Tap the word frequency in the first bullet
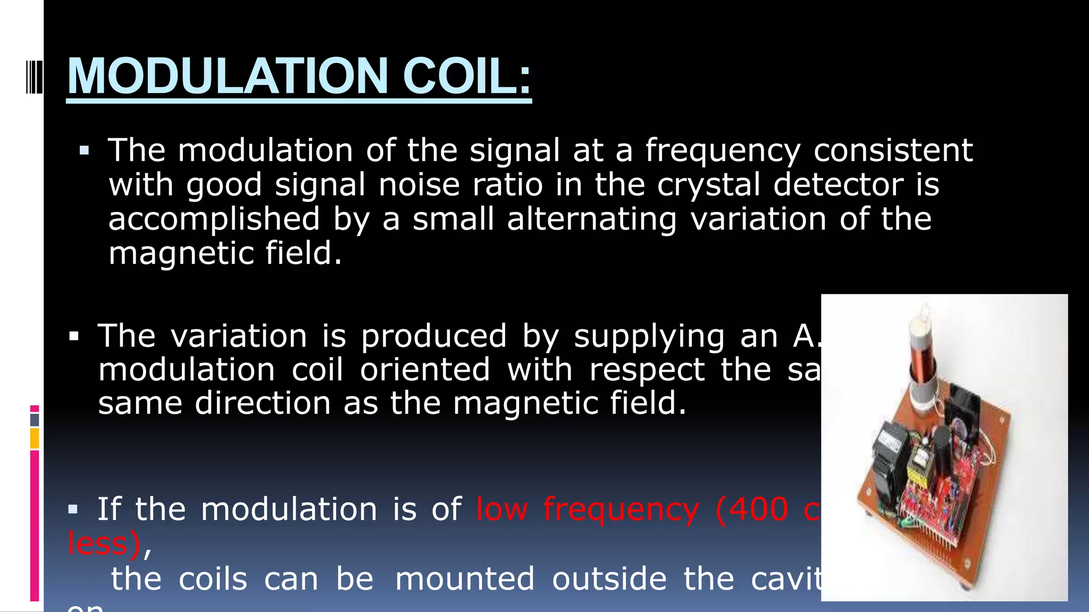point(723,151)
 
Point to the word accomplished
point(214,219)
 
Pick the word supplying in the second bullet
point(649,337)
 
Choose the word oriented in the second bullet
point(425,370)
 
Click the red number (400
point(752,509)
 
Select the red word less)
point(104,543)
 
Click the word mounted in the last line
point(465,579)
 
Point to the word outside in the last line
point(609,579)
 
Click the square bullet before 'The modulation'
point(84,151)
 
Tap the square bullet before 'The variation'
point(74,337)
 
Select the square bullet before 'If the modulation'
point(73,510)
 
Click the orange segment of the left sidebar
point(35,439)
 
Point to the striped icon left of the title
point(34,77)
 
